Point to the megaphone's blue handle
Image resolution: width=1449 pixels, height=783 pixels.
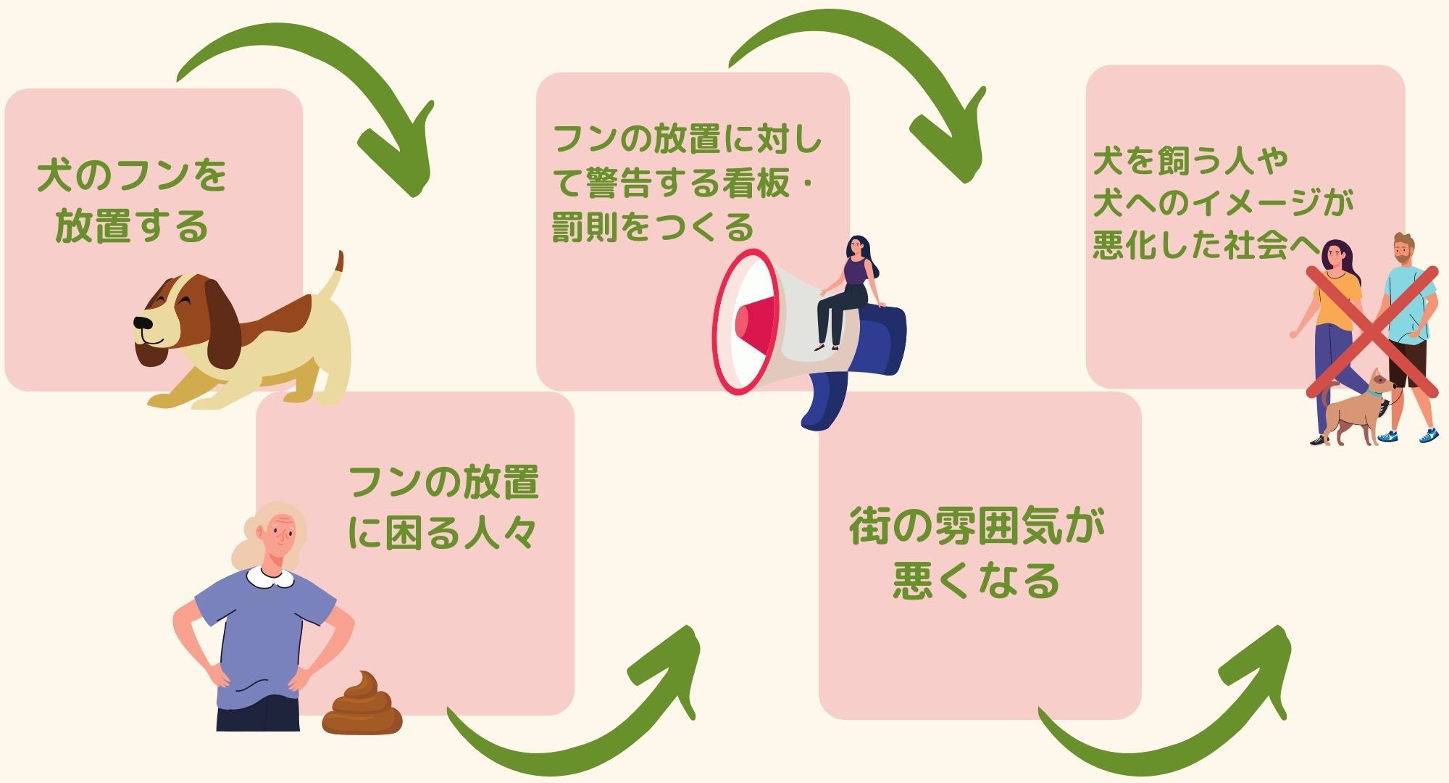(826, 402)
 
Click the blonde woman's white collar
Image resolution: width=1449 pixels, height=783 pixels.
(270, 577)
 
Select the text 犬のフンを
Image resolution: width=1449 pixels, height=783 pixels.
(132, 176)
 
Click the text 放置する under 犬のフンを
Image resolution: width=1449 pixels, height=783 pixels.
(132, 226)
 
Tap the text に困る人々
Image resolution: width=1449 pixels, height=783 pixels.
(442, 534)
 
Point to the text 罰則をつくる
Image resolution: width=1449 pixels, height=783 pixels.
(653, 228)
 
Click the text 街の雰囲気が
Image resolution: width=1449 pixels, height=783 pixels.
(977, 527)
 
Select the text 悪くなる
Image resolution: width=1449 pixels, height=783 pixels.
(977, 581)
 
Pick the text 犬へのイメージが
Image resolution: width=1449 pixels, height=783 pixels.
(1223, 202)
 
